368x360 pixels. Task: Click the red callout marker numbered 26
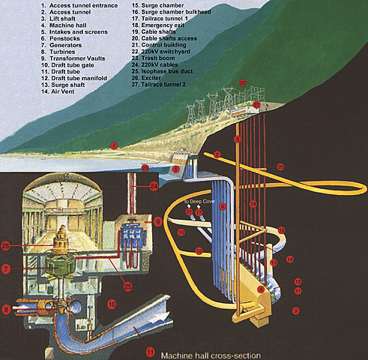(x=6, y=244)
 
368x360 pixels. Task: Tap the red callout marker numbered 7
(x=6, y=268)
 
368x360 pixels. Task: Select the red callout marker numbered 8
(x=6, y=307)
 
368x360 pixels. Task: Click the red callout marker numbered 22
(x=242, y=82)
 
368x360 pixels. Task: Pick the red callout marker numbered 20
(x=257, y=105)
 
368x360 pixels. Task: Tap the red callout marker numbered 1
(x=114, y=144)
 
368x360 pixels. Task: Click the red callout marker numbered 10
(x=110, y=304)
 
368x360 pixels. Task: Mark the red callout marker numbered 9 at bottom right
(x=295, y=310)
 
